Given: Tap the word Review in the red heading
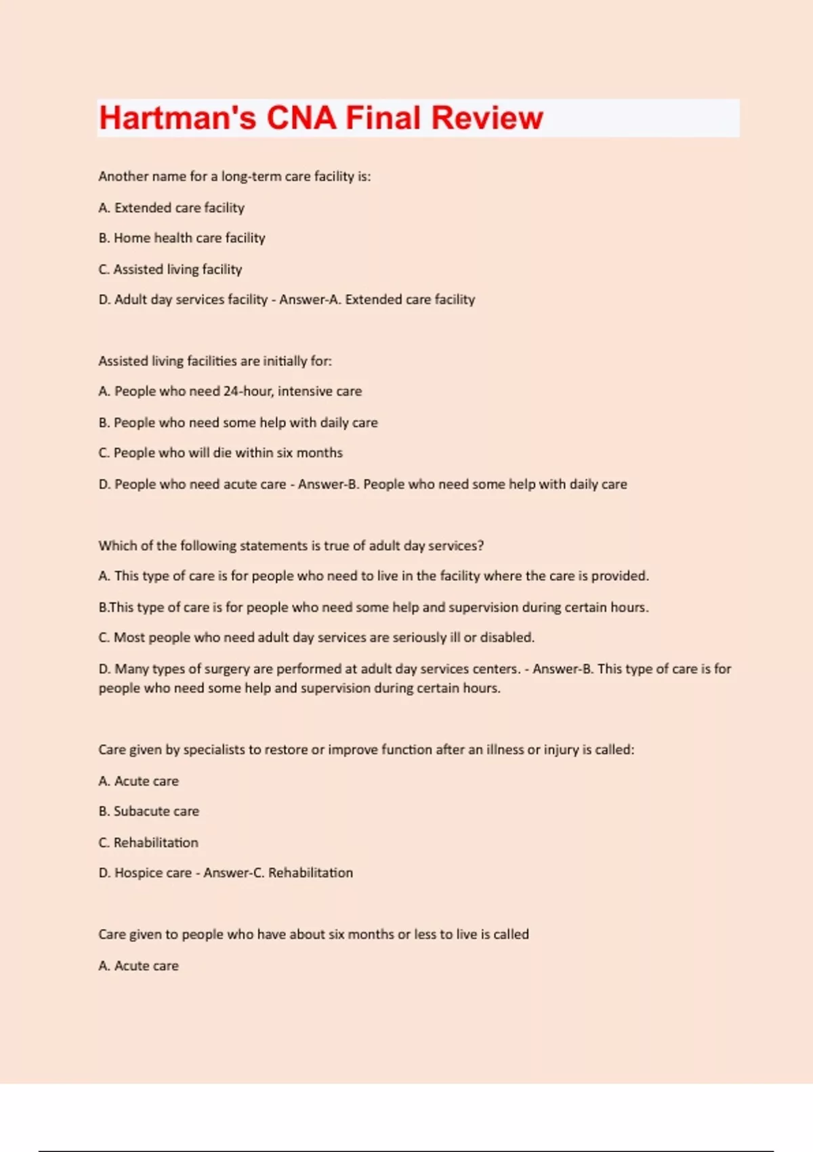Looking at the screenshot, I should pyautogui.click(x=487, y=118).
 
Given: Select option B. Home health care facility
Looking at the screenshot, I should pyautogui.click(x=182, y=238).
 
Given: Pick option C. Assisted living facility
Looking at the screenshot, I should pyautogui.click(x=170, y=269).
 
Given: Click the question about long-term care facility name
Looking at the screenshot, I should pyautogui.click(x=234, y=176).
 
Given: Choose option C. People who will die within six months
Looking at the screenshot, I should pyautogui.click(x=220, y=453).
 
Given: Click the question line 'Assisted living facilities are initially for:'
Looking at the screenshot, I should pyautogui.click(x=215, y=361).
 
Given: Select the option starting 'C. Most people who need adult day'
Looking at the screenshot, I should pyautogui.click(x=316, y=638).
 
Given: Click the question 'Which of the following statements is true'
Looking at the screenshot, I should pyautogui.click(x=291, y=546).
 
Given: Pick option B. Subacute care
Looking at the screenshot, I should pyautogui.click(x=149, y=811).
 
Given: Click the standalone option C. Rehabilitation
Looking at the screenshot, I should pyautogui.click(x=148, y=842).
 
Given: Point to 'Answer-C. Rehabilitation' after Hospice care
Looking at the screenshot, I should pyautogui.click(x=278, y=873).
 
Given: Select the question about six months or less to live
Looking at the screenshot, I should pyautogui.click(x=313, y=934).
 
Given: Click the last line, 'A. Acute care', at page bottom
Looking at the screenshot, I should pyautogui.click(x=138, y=966).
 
